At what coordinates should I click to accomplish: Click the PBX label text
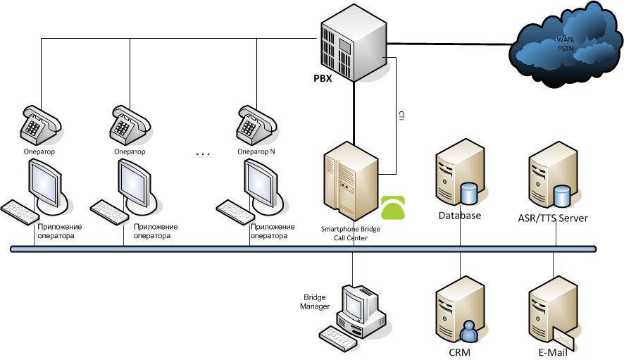tap(323, 78)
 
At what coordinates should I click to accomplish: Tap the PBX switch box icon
tap(354, 43)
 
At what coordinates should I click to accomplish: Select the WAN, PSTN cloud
tap(566, 44)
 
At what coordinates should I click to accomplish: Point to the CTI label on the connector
tap(401, 116)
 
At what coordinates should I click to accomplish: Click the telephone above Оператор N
tap(256, 125)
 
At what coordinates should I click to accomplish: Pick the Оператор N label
tap(256, 151)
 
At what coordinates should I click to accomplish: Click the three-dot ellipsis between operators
tap(203, 154)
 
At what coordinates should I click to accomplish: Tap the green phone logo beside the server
tap(393, 208)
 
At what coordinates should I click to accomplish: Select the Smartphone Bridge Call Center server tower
tap(351, 181)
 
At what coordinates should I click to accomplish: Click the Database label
tap(460, 216)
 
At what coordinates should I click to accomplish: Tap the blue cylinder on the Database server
tap(468, 193)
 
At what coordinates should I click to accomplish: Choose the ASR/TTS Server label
tap(553, 218)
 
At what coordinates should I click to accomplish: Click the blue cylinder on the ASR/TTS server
tap(561, 196)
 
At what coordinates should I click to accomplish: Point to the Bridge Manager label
tap(315, 302)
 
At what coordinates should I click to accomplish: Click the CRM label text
tap(460, 352)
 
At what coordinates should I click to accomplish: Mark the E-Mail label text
tap(553, 352)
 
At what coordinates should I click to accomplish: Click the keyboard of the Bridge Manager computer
tap(337, 338)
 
